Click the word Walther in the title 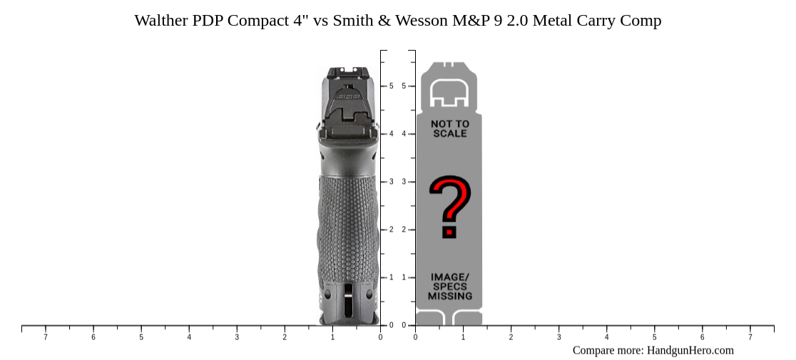pyautogui.click(x=161, y=21)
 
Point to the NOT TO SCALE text pyautogui.click(x=449, y=128)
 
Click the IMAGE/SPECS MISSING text pyautogui.click(x=449, y=286)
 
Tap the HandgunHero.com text pyautogui.click(x=690, y=350)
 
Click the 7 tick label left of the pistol pyautogui.click(x=46, y=337)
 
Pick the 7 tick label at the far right pyautogui.click(x=750, y=337)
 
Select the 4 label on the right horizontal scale pyautogui.click(x=606, y=337)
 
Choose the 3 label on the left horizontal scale pyautogui.click(x=237, y=337)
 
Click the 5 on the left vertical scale pyautogui.click(x=391, y=86)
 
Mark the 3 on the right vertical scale pyautogui.click(x=404, y=182)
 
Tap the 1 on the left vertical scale pyautogui.click(x=391, y=277)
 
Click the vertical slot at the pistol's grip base pyautogui.click(x=347, y=300)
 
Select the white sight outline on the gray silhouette pyautogui.click(x=449, y=92)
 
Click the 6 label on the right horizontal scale pyautogui.click(x=702, y=337)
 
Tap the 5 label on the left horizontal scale pyautogui.click(x=141, y=337)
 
